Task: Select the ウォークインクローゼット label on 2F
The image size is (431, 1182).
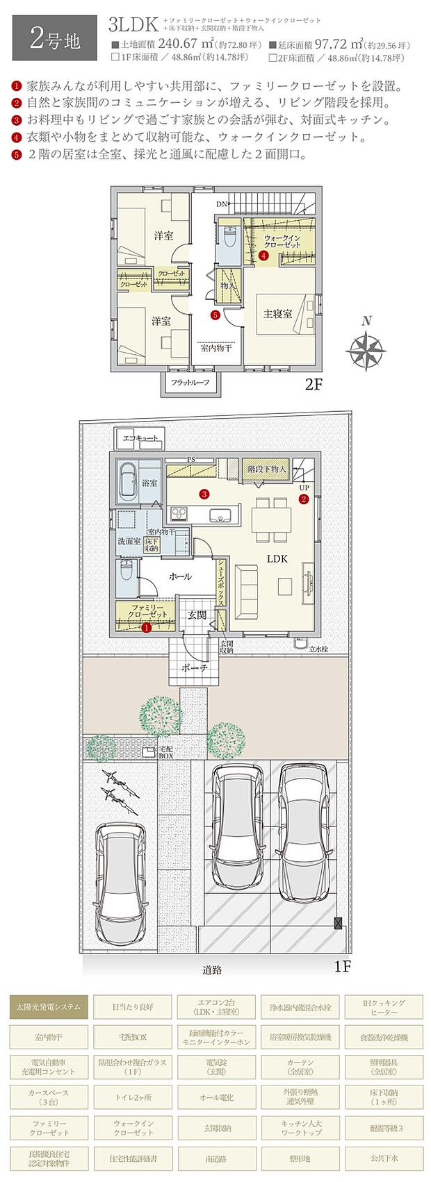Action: point(282,242)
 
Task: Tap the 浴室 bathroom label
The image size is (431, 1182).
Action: point(149,482)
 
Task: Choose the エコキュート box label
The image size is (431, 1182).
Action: point(140,438)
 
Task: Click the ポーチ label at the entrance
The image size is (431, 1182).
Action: point(195,667)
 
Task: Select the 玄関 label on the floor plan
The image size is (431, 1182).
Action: point(197,615)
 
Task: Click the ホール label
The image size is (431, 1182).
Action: point(180,576)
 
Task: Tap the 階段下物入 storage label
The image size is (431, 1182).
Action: point(267,469)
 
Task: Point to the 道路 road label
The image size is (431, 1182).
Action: point(213,969)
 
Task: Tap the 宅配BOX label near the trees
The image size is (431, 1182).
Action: point(165,751)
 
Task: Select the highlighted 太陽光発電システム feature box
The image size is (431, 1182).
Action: point(49,1006)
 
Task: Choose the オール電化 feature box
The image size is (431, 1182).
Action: point(216,1097)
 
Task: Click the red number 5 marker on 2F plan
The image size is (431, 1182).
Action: point(215,315)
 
